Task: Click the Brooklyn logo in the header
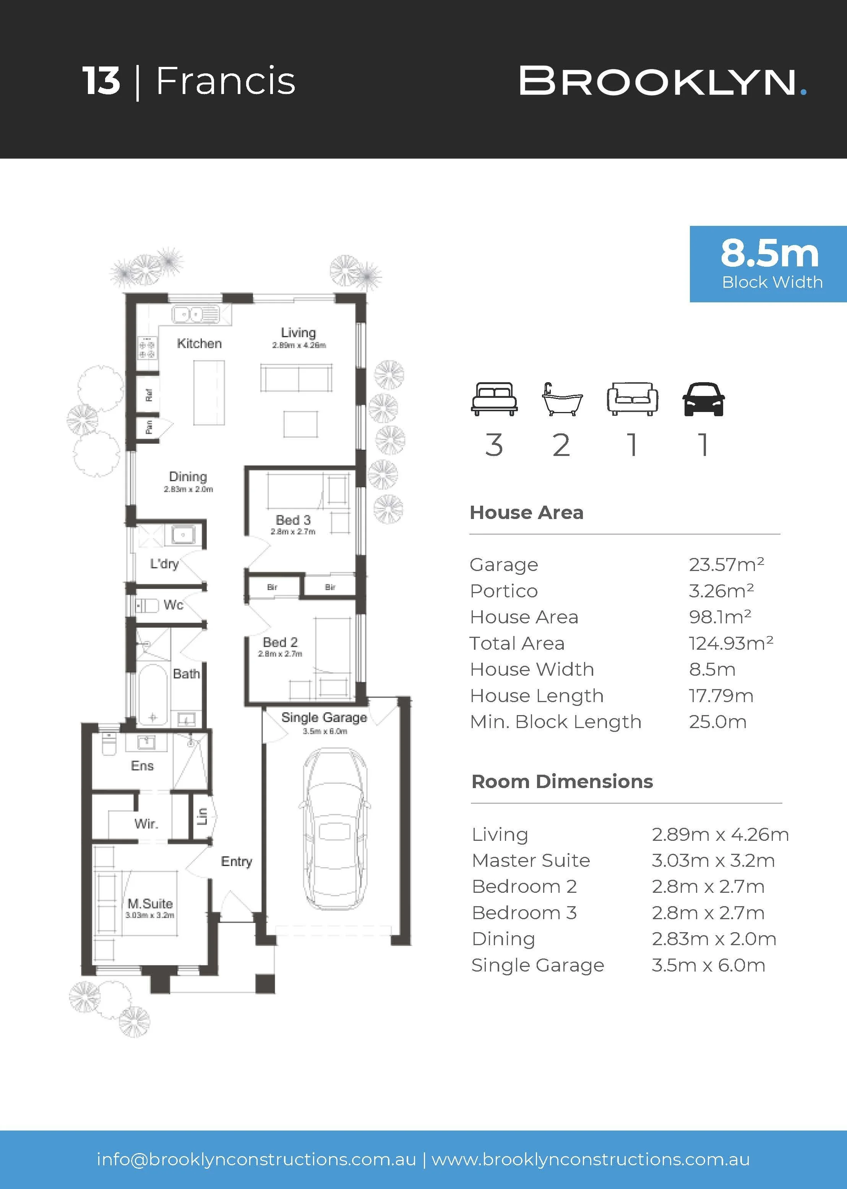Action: [x=663, y=81]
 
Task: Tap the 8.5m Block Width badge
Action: [x=768, y=264]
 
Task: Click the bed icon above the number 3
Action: [x=494, y=399]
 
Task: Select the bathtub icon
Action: [x=562, y=399]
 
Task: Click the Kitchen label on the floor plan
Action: [x=199, y=343]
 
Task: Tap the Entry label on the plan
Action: [x=236, y=861]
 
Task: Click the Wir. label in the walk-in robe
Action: [x=146, y=824]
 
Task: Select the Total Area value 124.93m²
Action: [x=731, y=643]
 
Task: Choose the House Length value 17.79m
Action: [x=721, y=696]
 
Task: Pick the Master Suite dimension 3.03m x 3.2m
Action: [x=713, y=860]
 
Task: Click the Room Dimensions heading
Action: [x=562, y=782]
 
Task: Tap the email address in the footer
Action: [x=256, y=1159]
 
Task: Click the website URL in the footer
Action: [x=591, y=1159]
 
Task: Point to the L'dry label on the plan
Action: [x=164, y=563]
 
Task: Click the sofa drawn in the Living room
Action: [x=296, y=378]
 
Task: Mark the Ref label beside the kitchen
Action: [x=149, y=395]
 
